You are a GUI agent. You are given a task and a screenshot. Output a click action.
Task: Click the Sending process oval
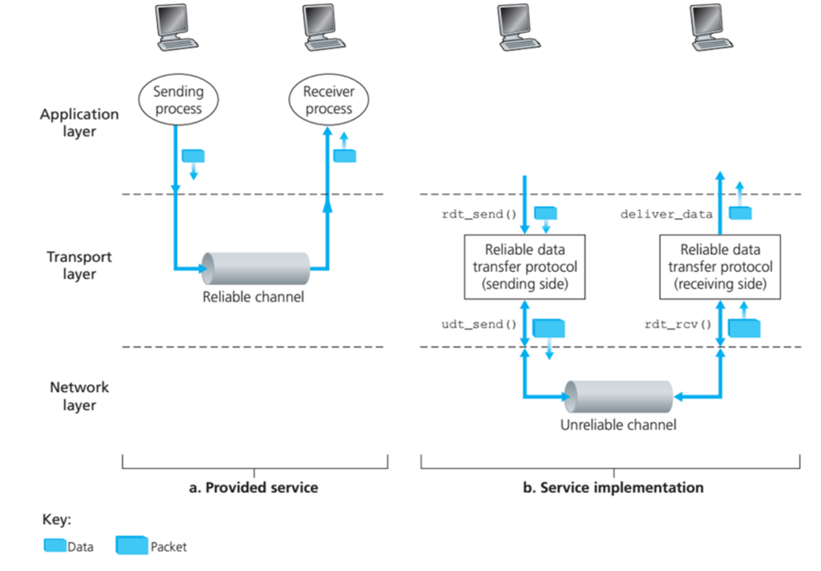click(177, 100)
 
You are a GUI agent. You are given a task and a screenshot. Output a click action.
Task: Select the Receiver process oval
click(329, 100)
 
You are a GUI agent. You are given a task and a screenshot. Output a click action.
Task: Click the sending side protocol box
click(524, 267)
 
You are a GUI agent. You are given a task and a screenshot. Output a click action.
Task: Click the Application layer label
click(79, 123)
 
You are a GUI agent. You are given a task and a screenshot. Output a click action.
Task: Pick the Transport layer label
click(79, 265)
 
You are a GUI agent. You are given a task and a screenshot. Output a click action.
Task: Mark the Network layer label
click(79, 396)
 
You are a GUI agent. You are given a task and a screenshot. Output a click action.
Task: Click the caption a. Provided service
click(254, 488)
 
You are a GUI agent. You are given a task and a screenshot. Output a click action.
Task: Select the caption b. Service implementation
click(611, 488)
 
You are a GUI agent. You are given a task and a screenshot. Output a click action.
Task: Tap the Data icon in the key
click(55, 546)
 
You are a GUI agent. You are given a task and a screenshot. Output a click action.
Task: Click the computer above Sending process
click(176, 28)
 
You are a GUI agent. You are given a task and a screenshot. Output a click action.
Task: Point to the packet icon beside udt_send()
click(548, 329)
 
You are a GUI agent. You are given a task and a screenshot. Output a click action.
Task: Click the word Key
click(56, 520)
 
